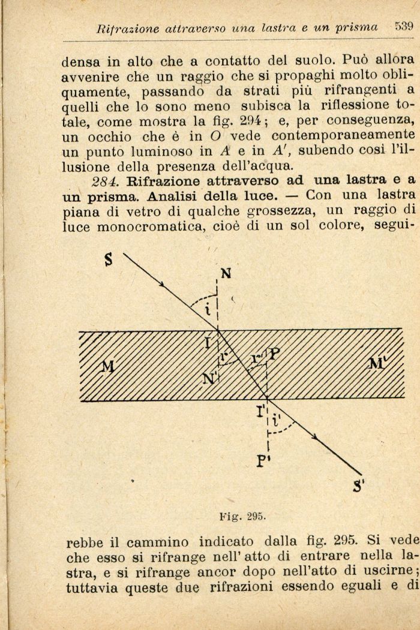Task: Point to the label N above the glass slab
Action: [226, 274]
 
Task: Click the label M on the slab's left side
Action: [107, 367]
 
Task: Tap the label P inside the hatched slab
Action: [274, 354]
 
